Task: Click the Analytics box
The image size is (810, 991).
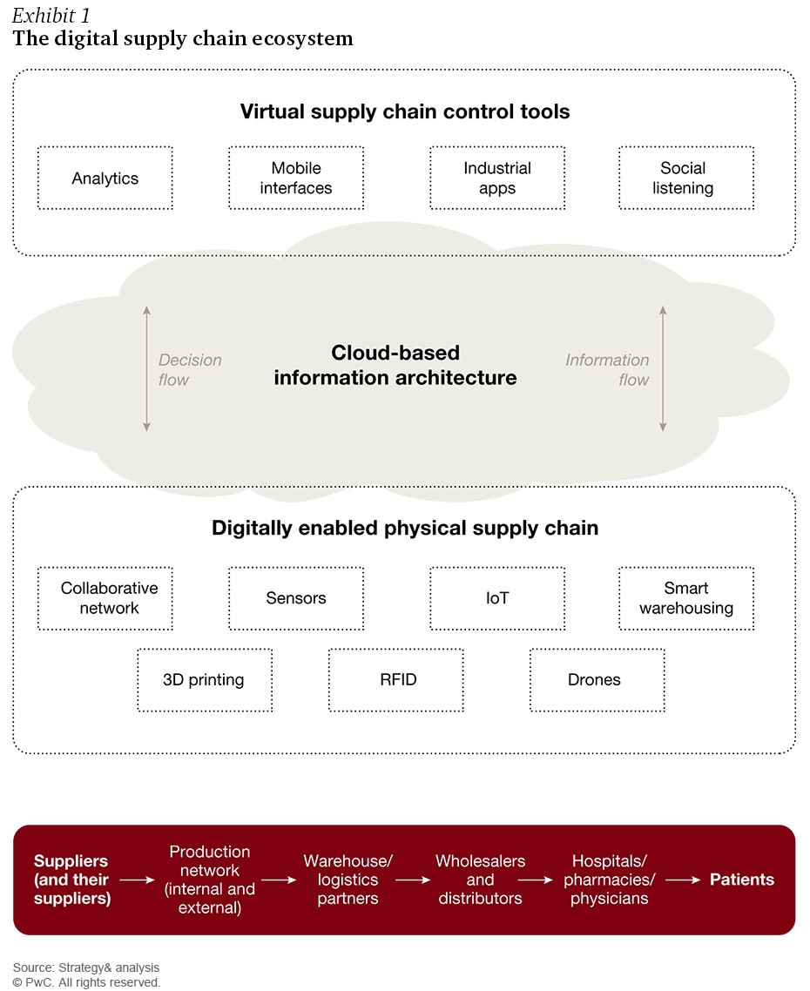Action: coord(105,179)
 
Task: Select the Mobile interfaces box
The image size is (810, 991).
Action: coord(296,179)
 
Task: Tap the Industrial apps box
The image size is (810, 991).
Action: coord(497,179)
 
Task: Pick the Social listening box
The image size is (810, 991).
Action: coord(686,179)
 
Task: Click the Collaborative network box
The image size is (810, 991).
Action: coord(105,598)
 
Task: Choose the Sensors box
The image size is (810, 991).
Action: coord(296,598)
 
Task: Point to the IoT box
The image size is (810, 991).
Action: coord(497,598)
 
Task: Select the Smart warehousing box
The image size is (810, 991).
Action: coord(686,598)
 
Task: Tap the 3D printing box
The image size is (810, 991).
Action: coord(205,680)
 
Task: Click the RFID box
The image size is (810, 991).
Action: coord(395,680)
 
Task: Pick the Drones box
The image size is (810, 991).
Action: coord(597,680)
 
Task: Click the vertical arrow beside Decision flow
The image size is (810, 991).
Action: coord(146,368)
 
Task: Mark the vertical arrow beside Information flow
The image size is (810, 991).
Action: coord(663,368)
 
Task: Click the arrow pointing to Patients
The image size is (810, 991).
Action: coord(683,880)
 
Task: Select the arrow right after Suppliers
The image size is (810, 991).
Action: coord(138,880)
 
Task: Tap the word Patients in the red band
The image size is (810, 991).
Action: coord(742,880)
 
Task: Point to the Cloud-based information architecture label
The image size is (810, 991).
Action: coord(395,365)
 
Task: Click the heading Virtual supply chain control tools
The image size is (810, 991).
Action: coord(405,111)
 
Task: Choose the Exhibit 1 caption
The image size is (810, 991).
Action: coord(51,15)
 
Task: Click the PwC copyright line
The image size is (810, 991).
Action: coord(86,982)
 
